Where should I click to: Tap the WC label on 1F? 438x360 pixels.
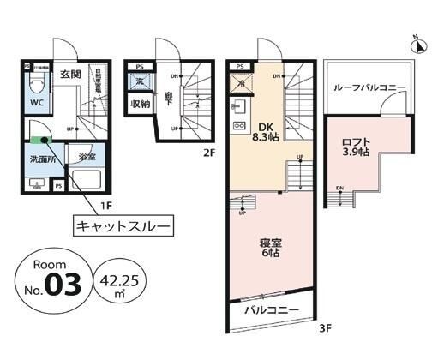39,103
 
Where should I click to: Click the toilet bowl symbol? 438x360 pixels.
37,84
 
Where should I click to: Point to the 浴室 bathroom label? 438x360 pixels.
86,157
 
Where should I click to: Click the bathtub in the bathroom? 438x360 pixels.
86,181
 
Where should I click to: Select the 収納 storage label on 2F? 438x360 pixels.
141,104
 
